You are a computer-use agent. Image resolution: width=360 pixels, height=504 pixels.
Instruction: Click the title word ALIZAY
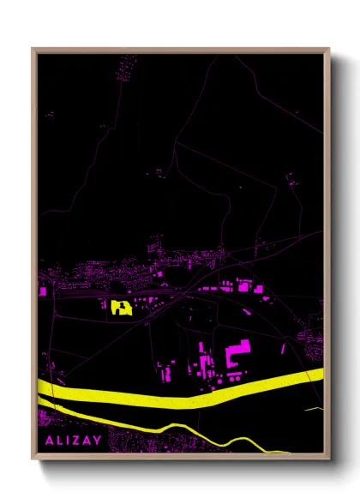[71, 441]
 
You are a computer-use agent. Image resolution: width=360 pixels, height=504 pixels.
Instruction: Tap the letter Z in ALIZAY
[78, 441]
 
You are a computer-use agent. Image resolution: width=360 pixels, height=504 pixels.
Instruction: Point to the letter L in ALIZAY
[56, 441]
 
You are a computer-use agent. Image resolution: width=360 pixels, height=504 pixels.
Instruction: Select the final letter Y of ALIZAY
[98, 441]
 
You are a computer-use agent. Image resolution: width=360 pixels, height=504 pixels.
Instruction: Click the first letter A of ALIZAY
[45, 441]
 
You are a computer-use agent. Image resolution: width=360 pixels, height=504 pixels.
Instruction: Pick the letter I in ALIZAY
[66, 441]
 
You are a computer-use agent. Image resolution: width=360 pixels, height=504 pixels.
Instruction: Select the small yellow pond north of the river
[119, 306]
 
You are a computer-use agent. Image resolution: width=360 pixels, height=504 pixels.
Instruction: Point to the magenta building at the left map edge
[42, 291]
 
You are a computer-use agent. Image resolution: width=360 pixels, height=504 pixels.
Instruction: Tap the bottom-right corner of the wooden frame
[328, 459]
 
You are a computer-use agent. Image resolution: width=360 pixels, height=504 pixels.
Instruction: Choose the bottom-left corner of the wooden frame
[33, 459]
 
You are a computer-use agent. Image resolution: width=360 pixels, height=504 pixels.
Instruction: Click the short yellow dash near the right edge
[314, 409]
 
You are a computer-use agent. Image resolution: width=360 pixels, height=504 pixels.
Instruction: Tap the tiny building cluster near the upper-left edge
[48, 113]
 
